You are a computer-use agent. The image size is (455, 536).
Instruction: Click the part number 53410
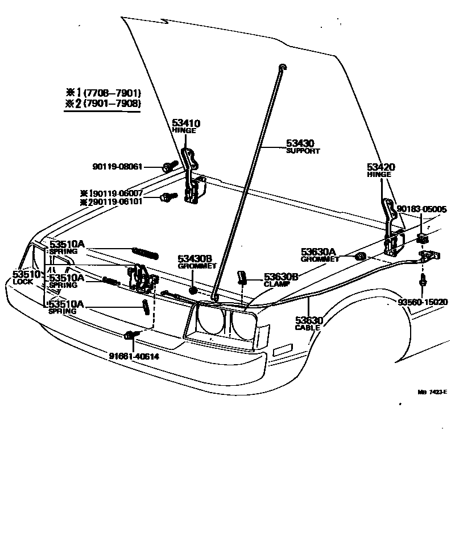(x=186, y=123)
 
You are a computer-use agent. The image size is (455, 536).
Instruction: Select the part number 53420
(x=380, y=167)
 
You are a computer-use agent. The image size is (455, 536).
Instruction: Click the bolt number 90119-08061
(x=117, y=167)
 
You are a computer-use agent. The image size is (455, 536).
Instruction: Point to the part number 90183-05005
(x=421, y=209)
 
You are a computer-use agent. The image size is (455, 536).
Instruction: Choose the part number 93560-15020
(x=423, y=302)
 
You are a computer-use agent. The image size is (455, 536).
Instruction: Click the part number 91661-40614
(x=134, y=357)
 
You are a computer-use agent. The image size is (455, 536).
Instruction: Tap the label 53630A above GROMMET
(x=318, y=251)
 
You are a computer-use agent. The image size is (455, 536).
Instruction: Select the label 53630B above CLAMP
(x=281, y=277)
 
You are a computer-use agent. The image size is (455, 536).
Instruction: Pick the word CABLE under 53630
(x=308, y=328)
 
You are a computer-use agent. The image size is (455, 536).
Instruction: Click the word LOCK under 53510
(x=24, y=282)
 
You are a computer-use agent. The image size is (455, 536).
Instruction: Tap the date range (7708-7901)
(x=112, y=93)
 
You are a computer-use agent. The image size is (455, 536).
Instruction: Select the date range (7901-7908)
(x=112, y=104)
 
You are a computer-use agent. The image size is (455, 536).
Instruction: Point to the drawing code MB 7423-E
(x=432, y=391)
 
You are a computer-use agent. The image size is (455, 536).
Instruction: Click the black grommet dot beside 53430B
(x=193, y=290)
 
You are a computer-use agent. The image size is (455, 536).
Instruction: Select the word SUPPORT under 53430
(x=303, y=151)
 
